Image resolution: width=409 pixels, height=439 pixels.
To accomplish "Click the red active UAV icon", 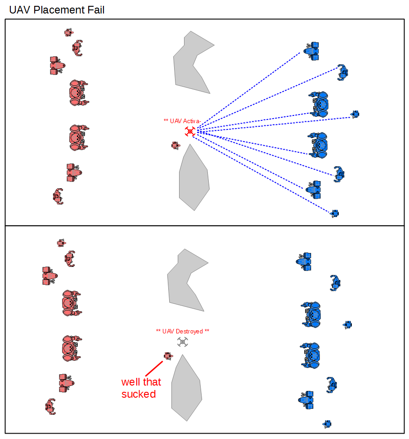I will pos(190,131).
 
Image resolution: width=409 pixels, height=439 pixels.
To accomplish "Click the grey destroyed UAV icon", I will pos(182,342).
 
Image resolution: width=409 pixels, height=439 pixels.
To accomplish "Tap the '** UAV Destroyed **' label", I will pos(182,332).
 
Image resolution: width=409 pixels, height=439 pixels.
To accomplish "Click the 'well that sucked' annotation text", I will pos(141,388).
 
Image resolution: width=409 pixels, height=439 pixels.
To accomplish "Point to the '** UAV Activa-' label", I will pos(182,121).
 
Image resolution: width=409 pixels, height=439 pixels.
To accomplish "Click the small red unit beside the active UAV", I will pos(175,145).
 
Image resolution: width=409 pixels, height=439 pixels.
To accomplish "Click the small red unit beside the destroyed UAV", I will pos(167,356).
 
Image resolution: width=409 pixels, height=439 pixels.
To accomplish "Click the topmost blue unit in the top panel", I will pos(311,51).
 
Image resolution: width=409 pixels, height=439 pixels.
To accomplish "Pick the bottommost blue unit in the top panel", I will pos(334,213).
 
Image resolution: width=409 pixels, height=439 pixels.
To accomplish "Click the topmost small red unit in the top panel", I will pos(68,32).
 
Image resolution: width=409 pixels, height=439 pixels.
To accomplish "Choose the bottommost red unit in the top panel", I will pos(58,196).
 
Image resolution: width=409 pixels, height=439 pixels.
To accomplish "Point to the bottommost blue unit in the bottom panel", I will pos(328,424).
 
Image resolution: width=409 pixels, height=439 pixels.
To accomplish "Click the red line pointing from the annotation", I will pos(153,368).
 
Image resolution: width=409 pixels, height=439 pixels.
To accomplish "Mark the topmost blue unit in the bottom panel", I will pos(305,262).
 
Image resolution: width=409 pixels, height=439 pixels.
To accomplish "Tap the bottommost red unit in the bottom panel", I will pos(50,406).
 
